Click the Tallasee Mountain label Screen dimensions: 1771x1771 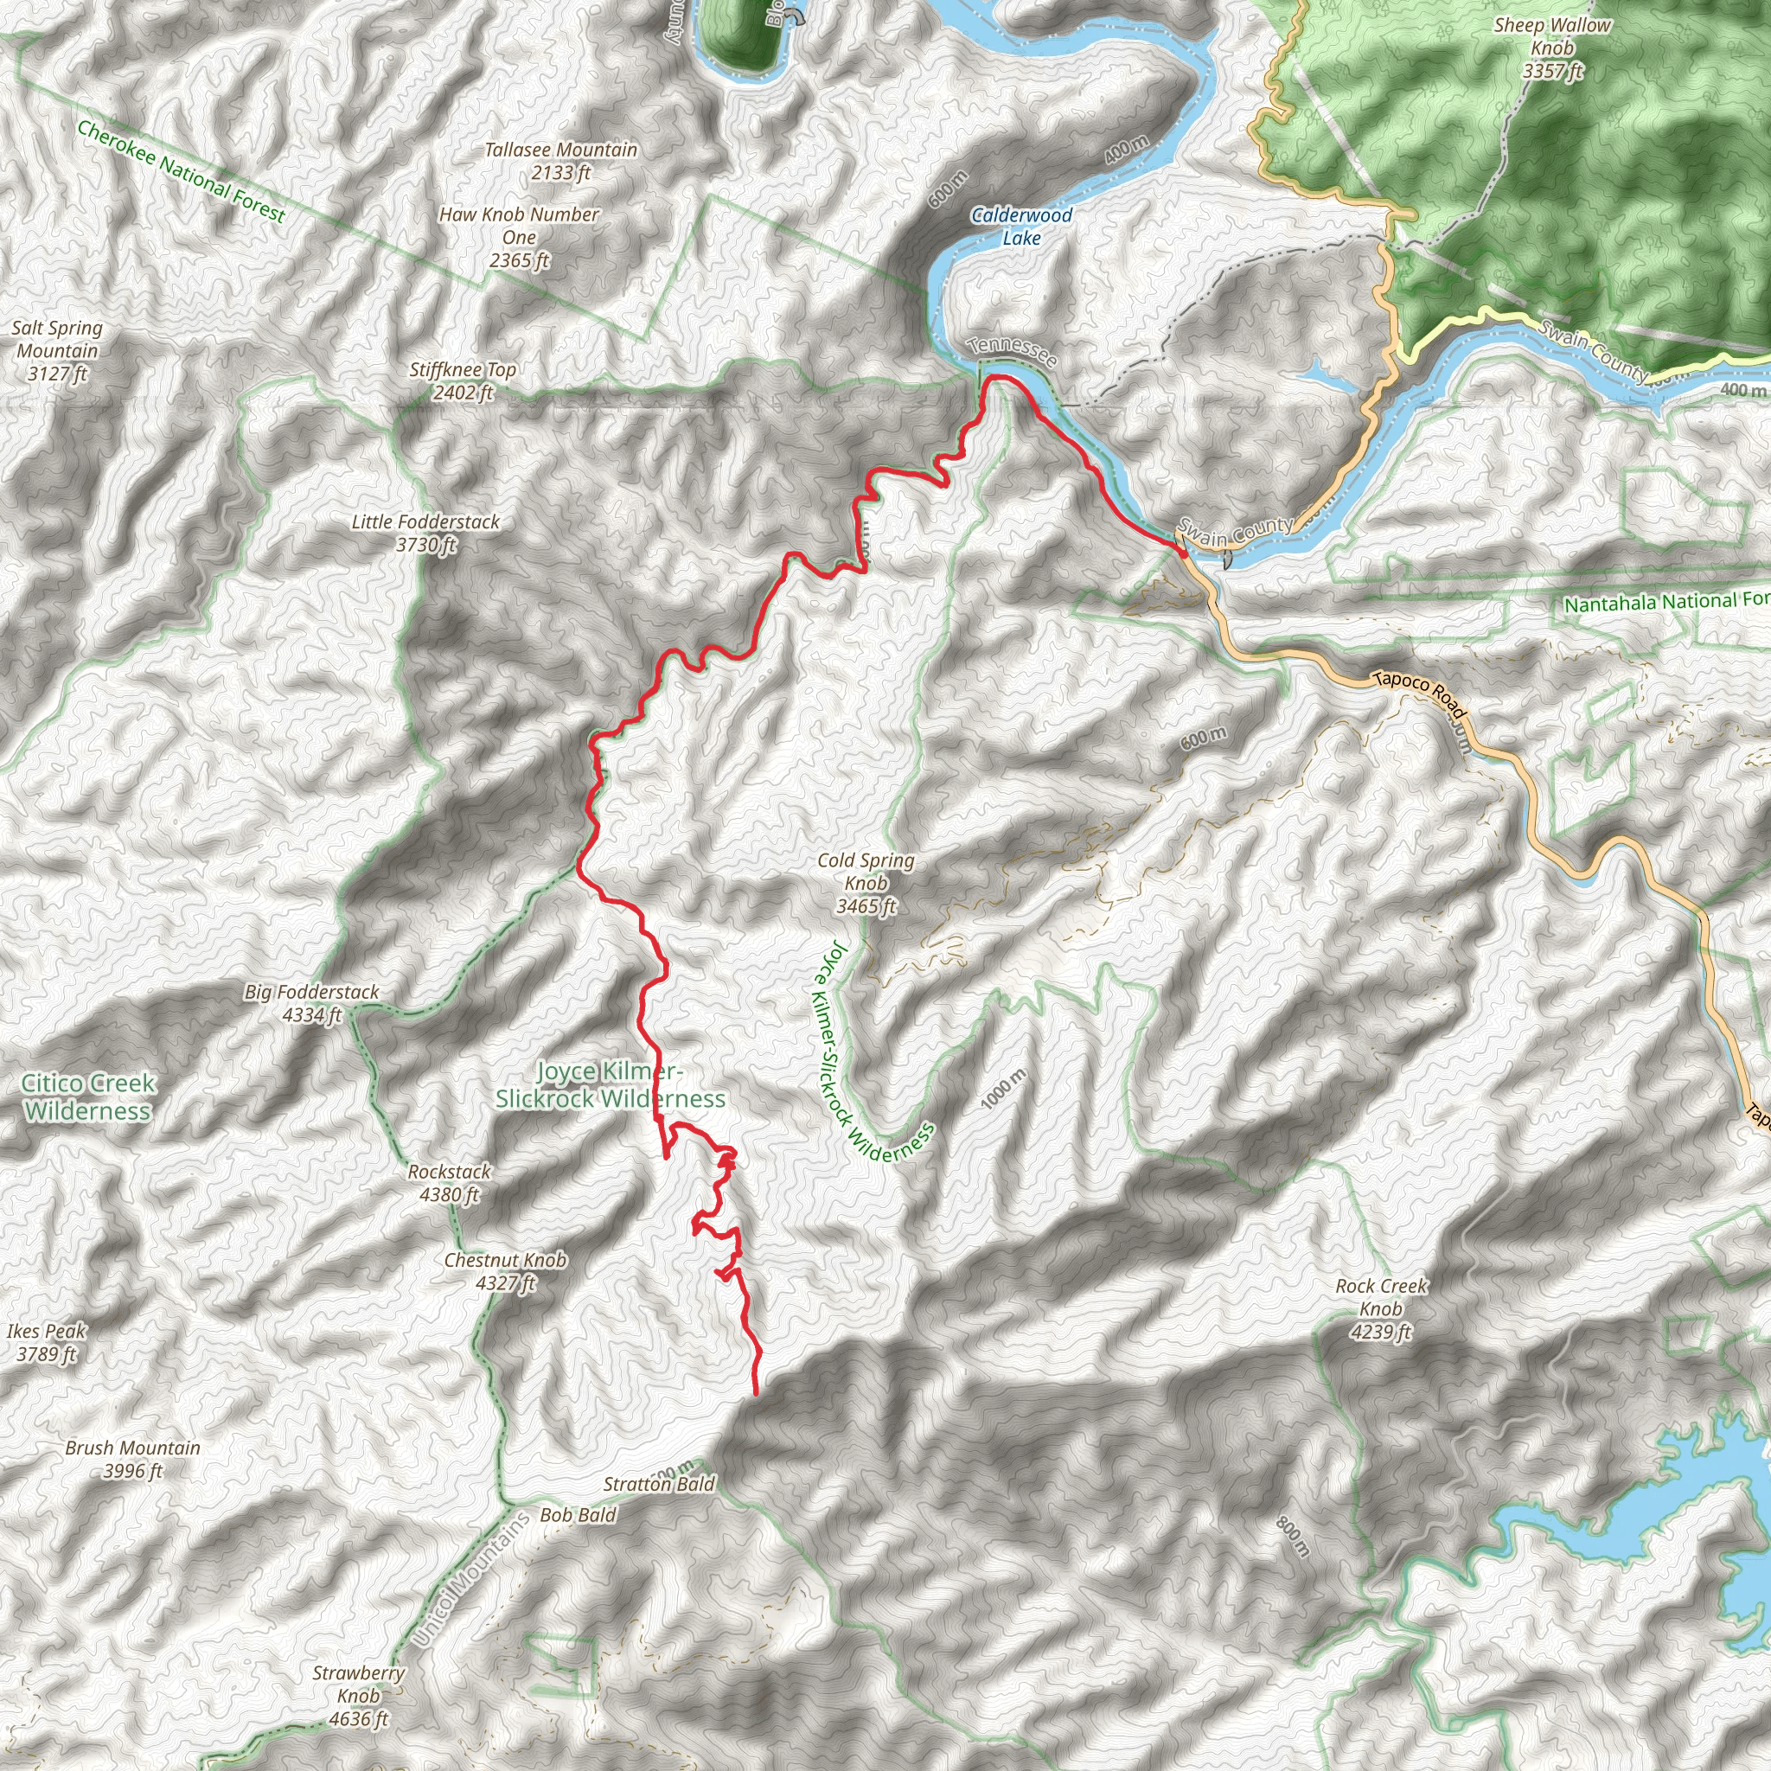[x=560, y=161]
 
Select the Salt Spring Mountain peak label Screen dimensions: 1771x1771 [x=57, y=350]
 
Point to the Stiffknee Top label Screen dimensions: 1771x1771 [x=463, y=381]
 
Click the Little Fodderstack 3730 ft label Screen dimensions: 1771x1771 [x=426, y=533]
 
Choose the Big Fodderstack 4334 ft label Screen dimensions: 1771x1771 [x=311, y=1003]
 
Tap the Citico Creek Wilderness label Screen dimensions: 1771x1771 [x=88, y=1096]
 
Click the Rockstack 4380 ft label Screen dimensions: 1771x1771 [x=449, y=1182]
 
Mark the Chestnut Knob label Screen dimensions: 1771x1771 [x=505, y=1271]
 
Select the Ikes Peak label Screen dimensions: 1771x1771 [x=46, y=1342]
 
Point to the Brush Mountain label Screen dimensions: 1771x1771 [x=133, y=1459]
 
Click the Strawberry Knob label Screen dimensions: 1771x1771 [x=358, y=1695]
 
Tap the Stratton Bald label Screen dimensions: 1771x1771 [x=659, y=1483]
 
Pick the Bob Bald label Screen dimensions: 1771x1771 [x=578, y=1514]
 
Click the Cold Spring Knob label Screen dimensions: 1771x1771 [x=866, y=883]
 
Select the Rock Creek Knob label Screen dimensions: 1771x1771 [x=1381, y=1308]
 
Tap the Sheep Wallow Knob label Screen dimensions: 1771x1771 [x=1552, y=48]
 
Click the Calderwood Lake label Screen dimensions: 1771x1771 [x=1021, y=227]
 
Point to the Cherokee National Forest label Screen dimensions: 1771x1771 [x=181, y=171]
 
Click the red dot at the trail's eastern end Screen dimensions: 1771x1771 [x=1182, y=553]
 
